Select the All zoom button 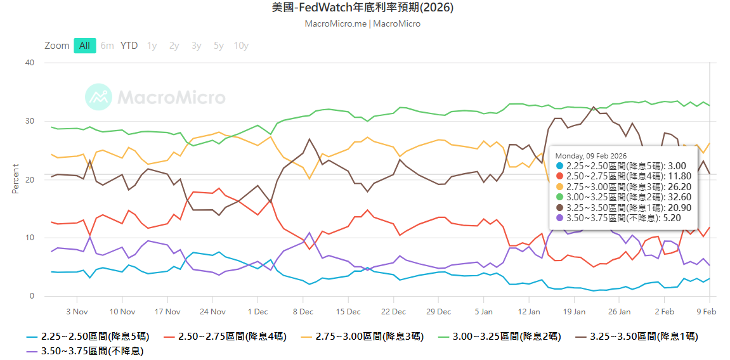click(x=84, y=46)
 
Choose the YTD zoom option click(x=129, y=46)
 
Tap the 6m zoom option click(x=107, y=46)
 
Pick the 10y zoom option click(x=241, y=46)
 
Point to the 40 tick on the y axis click(x=29, y=63)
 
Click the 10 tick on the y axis click(x=29, y=238)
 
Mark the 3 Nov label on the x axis click(x=77, y=311)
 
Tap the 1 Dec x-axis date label click(x=257, y=311)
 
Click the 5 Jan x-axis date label click(x=483, y=311)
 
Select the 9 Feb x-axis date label click(x=707, y=311)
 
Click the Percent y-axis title click(x=15, y=179)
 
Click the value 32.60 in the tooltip click(x=682, y=196)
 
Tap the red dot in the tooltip click(x=559, y=176)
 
